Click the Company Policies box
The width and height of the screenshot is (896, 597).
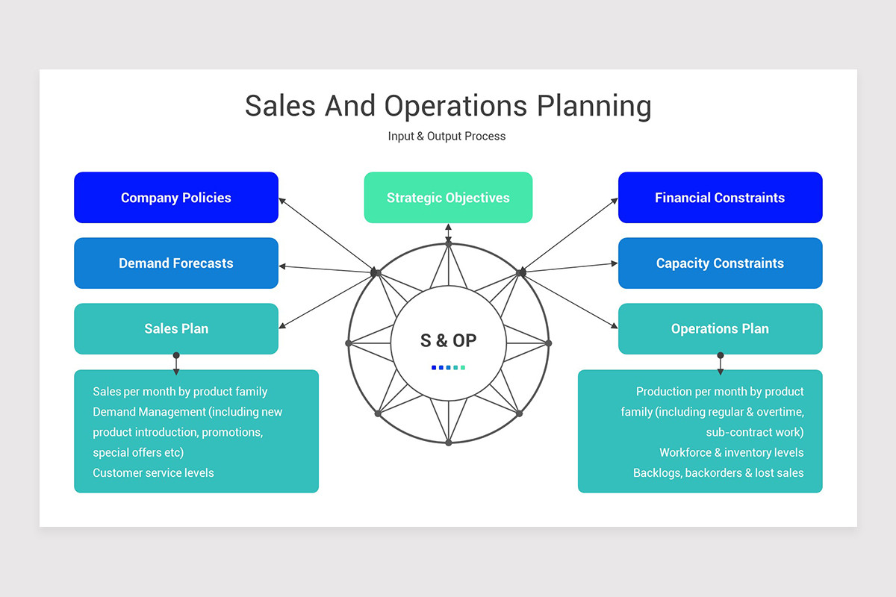(176, 198)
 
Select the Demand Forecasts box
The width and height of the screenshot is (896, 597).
(176, 263)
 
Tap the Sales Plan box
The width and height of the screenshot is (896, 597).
(176, 329)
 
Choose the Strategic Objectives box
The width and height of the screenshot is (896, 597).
(448, 198)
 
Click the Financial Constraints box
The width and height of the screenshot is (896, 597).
(720, 198)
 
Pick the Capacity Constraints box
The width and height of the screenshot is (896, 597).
(720, 263)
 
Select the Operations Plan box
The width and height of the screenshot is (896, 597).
(720, 329)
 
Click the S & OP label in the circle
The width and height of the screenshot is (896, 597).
(448, 341)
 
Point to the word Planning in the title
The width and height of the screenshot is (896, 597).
(594, 106)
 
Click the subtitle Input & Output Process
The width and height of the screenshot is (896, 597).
(447, 137)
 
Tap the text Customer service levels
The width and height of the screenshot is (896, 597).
(153, 473)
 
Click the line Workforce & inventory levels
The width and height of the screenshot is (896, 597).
(731, 452)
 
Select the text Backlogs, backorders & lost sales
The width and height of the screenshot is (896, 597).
(718, 473)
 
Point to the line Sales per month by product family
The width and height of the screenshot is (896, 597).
(180, 392)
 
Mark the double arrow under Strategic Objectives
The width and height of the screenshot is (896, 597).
(448, 234)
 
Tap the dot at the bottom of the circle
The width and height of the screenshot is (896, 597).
(448, 443)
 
